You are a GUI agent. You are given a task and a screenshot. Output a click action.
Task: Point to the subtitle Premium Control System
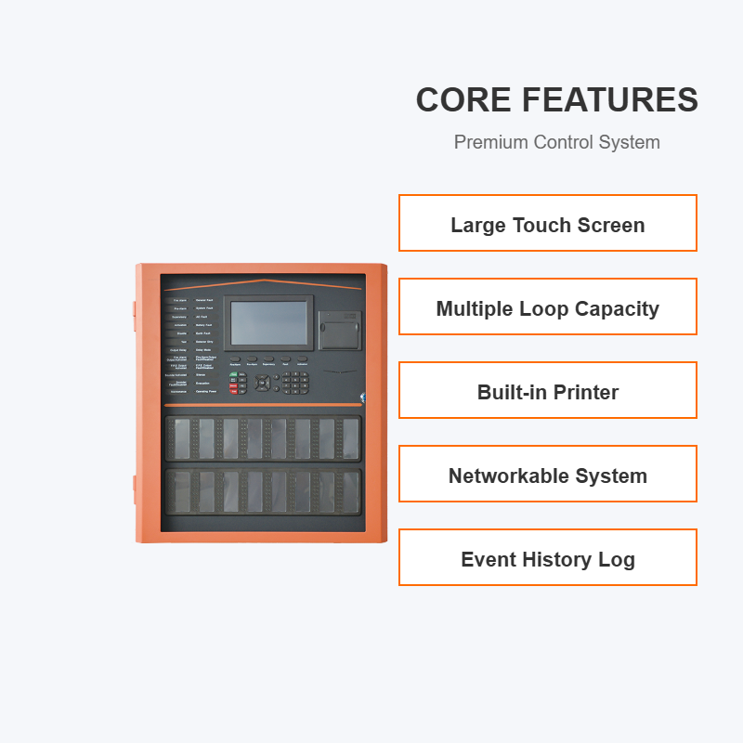click(556, 142)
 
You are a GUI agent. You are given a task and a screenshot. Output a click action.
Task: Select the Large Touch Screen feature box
click(548, 223)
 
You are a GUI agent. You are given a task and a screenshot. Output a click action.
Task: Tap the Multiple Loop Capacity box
click(548, 306)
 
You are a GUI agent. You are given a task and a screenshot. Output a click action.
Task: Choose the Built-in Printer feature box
click(548, 390)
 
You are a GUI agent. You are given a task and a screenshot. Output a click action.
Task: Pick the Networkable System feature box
click(548, 474)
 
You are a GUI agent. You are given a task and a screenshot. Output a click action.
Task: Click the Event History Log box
click(548, 557)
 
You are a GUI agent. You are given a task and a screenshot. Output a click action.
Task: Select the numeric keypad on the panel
click(296, 383)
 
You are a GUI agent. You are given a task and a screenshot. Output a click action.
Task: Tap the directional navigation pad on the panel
click(263, 383)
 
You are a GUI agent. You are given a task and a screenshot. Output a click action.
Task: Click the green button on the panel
click(233, 373)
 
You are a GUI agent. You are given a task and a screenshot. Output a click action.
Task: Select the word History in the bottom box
click(550, 559)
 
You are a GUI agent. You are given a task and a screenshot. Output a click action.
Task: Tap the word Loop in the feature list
click(544, 308)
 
